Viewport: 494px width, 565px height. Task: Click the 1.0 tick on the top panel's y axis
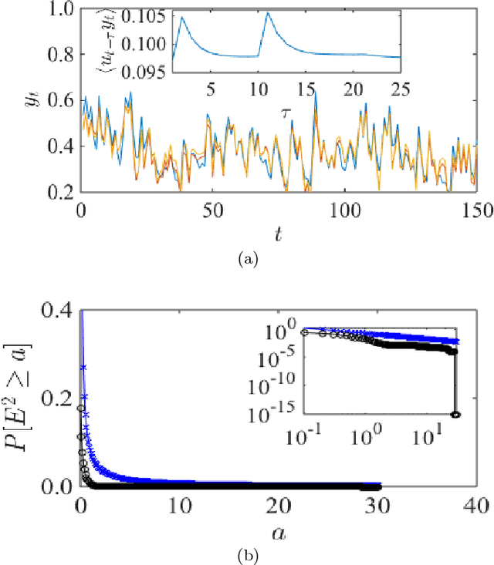pyautogui.click(x=59, y=8)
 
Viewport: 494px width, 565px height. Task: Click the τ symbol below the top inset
pyautogui.click(x=286, y=113)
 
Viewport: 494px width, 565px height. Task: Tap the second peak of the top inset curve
pyautogui.click(x=268, y=13)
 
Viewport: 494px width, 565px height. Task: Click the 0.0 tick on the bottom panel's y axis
pyautogui.click(x=59, y=486)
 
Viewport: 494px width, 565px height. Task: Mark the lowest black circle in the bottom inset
pyautogui.click(x=455, y=414)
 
